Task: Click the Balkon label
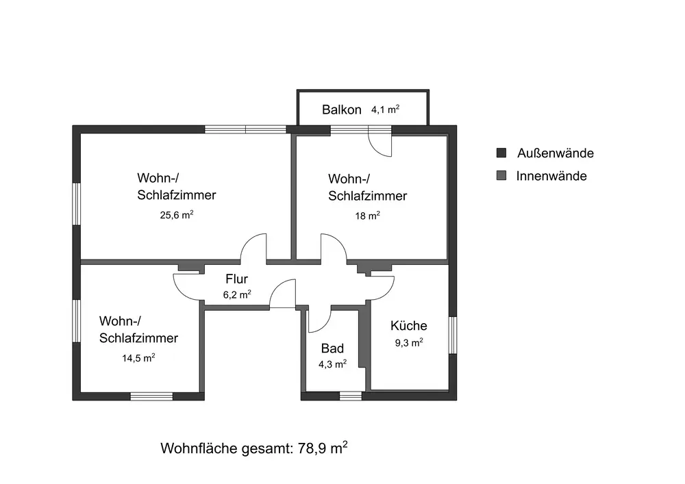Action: tap(341, 110)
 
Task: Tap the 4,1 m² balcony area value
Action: tap(385, 109)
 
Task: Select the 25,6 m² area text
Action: tap(176, 215)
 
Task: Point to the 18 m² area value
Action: tap(367, 215)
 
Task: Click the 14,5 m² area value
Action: tap(138, 357)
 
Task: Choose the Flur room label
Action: tap(236, 279)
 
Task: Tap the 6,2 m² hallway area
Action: tap(236, 295)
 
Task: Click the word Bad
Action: tap(332, 348)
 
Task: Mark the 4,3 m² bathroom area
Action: tap(333, 364)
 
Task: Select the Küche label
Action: tap(409, 326)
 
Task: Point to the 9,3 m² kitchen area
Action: tap(409, 342)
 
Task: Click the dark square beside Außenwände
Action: tap(501, 153)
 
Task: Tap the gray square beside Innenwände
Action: tap(501, 176)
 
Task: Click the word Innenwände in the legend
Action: tap(551, 176)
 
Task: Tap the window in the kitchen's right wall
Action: tap(453, 335)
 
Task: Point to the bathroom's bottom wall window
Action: tap(351, 396)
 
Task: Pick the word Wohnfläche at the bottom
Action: tap(197, 449)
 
